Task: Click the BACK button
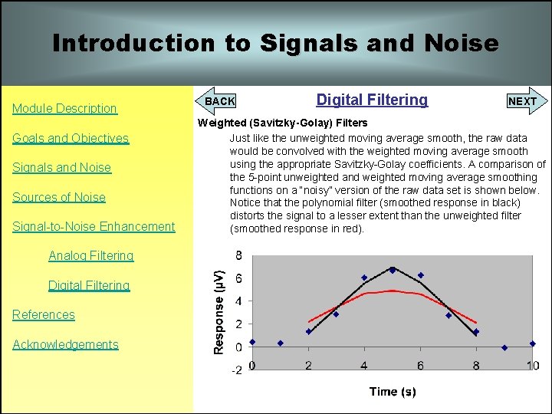(220, 101)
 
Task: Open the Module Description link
(64, 109)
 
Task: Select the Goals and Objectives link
(71, 139)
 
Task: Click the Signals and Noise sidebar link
(61, 168)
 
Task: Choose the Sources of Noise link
(59, 198)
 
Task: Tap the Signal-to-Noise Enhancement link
(94, 227)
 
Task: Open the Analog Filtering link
(90, 256)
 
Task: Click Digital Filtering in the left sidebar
(89, 286)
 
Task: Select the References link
(44, 315)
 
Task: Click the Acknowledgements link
(65, 345)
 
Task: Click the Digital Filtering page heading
(372, 100)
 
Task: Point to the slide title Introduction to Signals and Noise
(275, 44)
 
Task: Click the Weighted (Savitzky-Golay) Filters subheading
(283, 123)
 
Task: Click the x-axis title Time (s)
(393, 392)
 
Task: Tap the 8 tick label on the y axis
(238, 255)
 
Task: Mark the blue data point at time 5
(393, 270)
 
